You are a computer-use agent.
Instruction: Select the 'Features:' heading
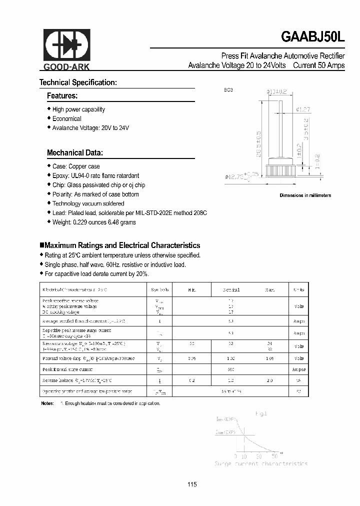point(62,95)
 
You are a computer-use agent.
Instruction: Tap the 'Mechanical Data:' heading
point(74,152)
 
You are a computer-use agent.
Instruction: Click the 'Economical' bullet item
point(66,118)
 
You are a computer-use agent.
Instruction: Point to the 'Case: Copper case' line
point(76,166)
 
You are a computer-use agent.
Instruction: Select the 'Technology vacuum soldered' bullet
point(88,203)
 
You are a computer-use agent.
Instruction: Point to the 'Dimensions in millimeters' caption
point(305,195)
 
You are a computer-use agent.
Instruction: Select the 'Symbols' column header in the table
point(160,289)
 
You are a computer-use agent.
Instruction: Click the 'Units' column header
point(298,289)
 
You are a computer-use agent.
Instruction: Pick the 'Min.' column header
point(192,289)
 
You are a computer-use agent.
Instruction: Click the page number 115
point(192,484)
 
